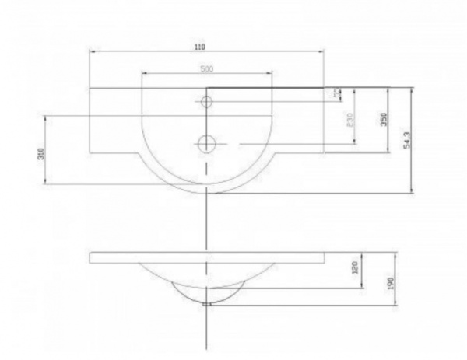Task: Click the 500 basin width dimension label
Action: [x=207, y=69]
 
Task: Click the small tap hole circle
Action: [x=207, y=102]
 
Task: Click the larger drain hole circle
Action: [x=207, y=142]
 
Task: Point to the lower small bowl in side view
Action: [x=207, y=292]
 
